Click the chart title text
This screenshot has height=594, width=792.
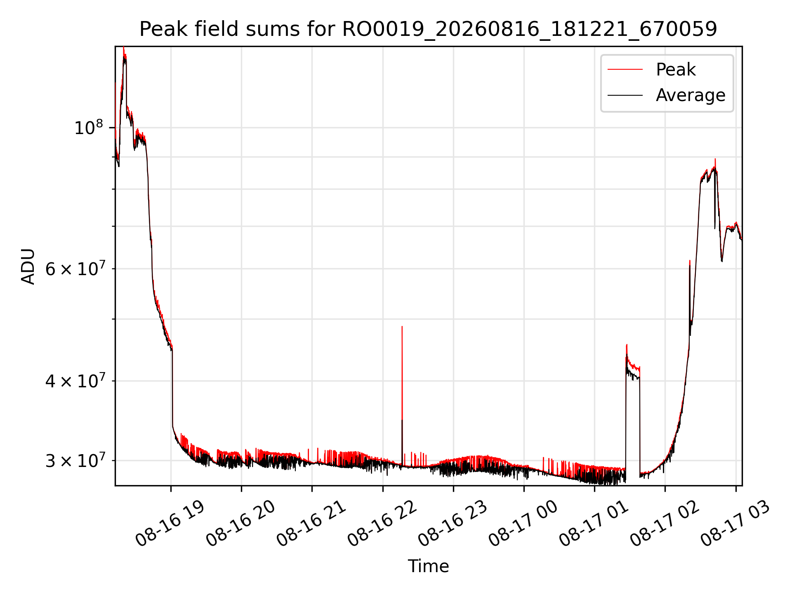pos(428,29)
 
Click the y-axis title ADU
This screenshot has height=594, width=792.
pos(28,266)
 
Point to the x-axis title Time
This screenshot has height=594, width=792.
pos(428,566)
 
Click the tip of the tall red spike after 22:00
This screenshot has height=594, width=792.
pos(402,326)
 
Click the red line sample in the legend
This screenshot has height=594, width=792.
pos(625,70)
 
